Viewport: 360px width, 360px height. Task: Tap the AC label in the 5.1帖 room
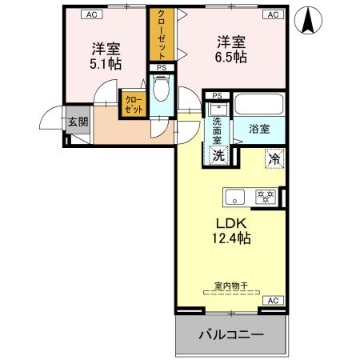[x=90, y=14]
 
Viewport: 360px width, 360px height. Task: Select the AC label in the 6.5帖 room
[x=273, y=14]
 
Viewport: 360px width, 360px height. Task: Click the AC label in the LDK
[x=271, y=300]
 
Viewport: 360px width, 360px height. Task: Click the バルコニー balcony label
[x=230, y=334]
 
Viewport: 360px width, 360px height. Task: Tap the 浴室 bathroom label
[x=258, y=128]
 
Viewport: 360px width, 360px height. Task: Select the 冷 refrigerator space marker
[x=274, y=159]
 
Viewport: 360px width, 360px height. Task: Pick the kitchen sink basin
[x=234, y=196]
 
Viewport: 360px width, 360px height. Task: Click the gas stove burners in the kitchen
[x=265, y=195]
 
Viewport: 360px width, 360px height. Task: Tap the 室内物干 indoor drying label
[x=230, y=285]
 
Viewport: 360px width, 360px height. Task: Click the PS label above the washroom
[x=215, y=95]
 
